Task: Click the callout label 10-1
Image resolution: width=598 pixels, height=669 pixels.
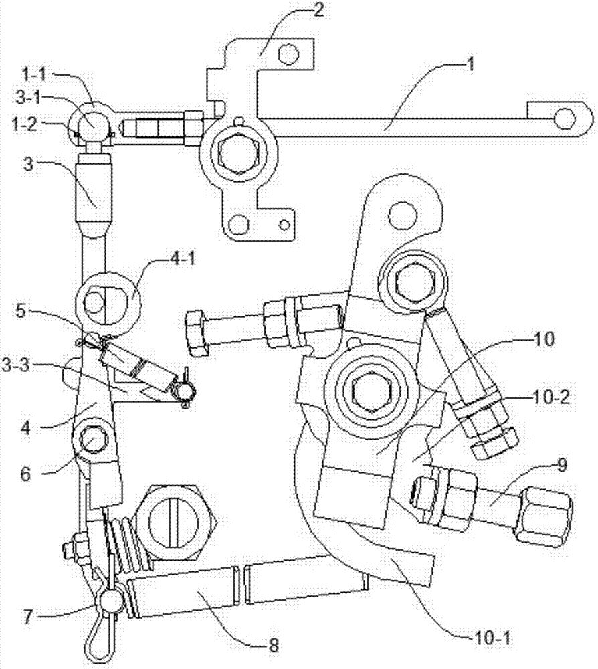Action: tap(491, 638)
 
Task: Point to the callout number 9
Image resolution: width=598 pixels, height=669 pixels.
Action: tap(562, 465)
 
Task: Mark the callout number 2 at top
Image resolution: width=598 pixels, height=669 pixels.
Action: tap(317, 9)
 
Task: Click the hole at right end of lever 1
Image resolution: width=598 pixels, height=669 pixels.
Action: tap(565, 118)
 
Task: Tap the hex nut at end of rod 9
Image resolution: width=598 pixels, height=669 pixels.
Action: tap(542, 516)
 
